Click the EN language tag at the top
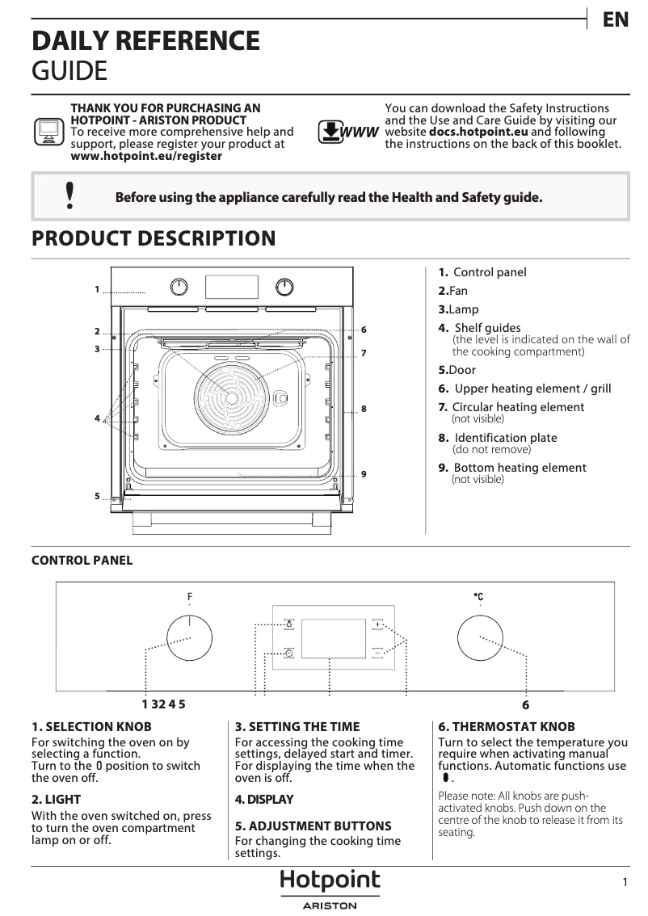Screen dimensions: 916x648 616,20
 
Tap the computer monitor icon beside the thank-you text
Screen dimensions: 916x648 49,132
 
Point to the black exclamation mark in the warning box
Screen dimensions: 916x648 70,196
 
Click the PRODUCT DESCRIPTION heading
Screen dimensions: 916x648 153,239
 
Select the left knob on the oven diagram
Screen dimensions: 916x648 179,287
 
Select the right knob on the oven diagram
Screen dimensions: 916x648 284,287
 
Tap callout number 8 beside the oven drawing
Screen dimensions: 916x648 364,410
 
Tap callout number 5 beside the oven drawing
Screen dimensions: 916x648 96,496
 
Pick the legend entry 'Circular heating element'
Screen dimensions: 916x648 517,407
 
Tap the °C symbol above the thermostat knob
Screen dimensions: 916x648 478,597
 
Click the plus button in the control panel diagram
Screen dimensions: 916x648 378,624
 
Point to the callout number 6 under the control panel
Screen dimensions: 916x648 525,704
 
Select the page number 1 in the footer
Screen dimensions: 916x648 625,883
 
